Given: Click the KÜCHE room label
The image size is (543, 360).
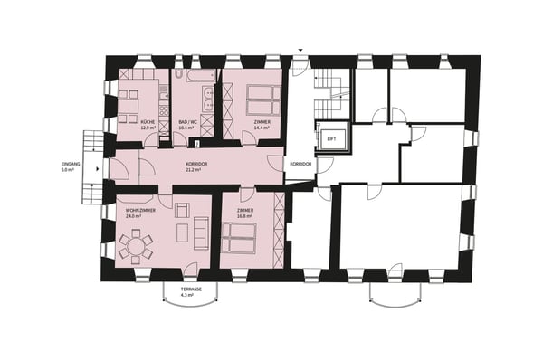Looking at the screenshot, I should (x=148, y=121).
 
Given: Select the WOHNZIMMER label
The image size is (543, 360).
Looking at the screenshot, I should (x=135, y=210).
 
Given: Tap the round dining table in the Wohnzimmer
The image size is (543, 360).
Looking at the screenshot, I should (x=136, y=244).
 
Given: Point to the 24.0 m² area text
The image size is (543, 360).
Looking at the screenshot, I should (x=135, y=216).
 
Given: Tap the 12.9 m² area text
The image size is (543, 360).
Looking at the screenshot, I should (x=148, y=128).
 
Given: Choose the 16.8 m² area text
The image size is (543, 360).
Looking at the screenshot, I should (x=245, y=216).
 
